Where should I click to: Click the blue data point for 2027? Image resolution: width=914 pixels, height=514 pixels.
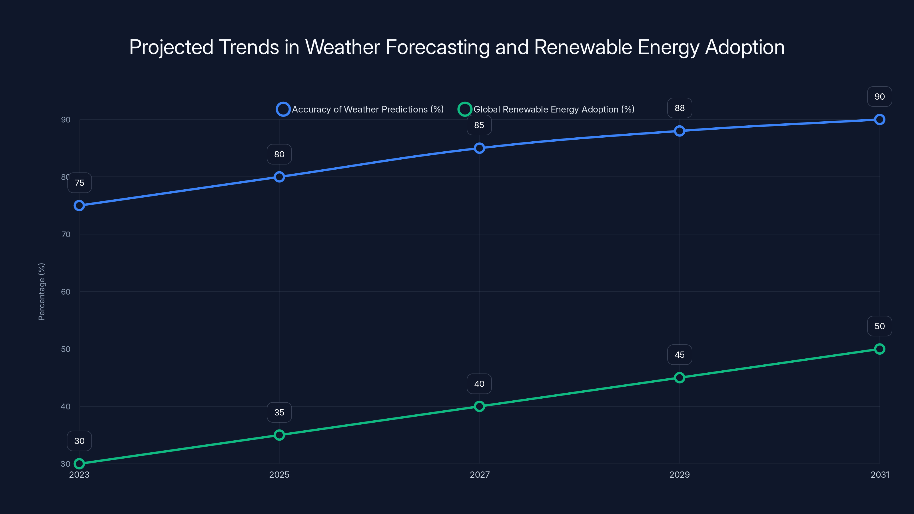click(x=479, y=148)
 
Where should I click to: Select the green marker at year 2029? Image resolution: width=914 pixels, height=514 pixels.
click(x=679, y=378)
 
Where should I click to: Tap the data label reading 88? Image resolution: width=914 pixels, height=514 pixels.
click(x=679, y=108)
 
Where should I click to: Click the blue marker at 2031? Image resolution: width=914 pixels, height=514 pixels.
click(x=879, y=120)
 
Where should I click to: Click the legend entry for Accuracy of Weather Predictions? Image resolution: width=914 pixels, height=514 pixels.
click(x=360, y=109)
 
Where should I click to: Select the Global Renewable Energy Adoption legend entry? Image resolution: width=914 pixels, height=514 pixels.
click(x=546, y=109)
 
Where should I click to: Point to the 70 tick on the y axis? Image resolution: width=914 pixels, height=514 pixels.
click(x=66, y=234)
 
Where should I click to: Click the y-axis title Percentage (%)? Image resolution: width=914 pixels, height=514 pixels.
click(x=41, y=292)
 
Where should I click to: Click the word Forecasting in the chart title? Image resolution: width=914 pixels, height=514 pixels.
click(x=437, y=47)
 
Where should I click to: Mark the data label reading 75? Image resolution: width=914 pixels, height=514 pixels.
click(x=79, y=183)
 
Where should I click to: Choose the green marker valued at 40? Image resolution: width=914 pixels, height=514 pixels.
click(x=479, y=406)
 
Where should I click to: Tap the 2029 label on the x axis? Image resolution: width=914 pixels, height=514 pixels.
click(x=679, y=475)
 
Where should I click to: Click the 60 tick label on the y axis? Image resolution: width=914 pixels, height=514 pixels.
click(x=66, y=292)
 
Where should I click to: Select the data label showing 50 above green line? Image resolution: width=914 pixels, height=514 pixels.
click(x=879, y=326)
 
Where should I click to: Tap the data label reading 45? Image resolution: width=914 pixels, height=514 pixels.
click(x=679, y=355)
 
